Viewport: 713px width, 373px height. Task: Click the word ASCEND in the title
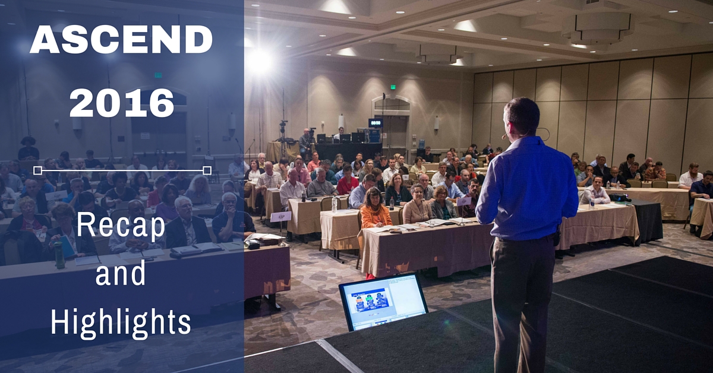tap(121, 39)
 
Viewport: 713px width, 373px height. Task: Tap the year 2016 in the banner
tap(122, 103)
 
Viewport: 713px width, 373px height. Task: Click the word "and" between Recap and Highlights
tap(120, 273)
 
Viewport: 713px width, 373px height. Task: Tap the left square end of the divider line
tap(37, 170)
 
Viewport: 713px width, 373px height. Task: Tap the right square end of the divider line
tap(207, 170)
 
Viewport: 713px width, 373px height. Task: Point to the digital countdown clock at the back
tap(376, 122)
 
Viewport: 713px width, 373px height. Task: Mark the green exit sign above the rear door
tap(393, 87)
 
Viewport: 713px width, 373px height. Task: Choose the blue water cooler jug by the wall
tap(422, 144)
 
